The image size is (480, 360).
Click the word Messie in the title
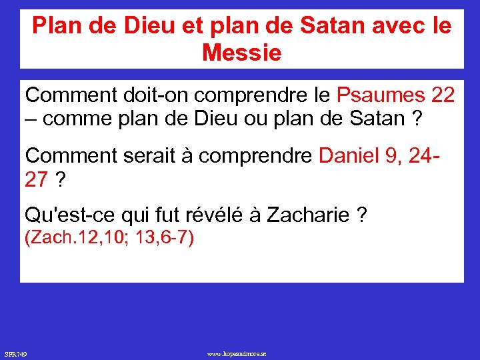[241, 52]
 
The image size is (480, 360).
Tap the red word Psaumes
[380, 95]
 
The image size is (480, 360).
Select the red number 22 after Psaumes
[443, 95]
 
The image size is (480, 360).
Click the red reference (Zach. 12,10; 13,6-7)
[109, 238]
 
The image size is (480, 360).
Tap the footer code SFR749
[15, 353]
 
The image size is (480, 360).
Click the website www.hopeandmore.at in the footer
[237, 353]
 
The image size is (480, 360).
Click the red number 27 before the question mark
[37, 179]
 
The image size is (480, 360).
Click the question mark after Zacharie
[361, 215]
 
